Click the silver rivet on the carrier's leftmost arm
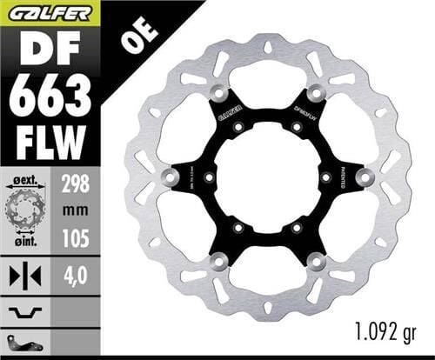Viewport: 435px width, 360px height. click(167, 177)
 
